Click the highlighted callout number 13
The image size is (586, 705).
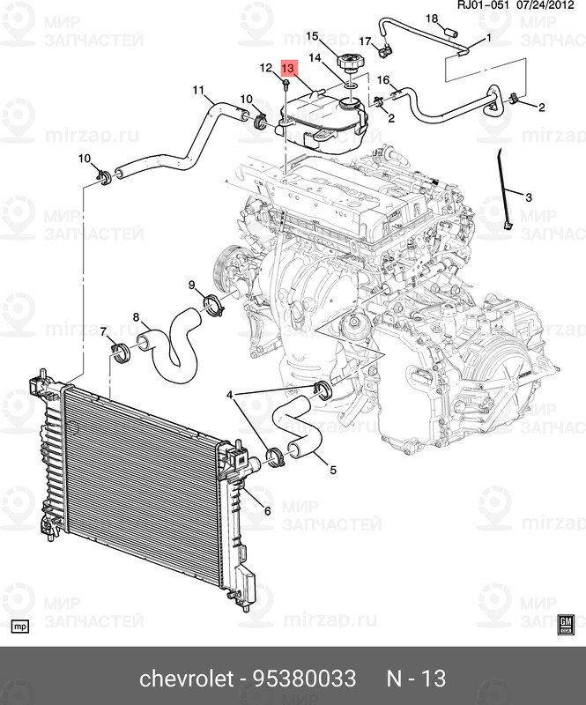click(289, 69)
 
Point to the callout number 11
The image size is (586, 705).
click(198, 91)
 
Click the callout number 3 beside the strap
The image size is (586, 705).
click(529, 197)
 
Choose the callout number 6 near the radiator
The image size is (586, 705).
click(268, 511)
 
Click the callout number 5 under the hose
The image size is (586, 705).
click(333, 471)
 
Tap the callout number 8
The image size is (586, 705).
click(136, 317)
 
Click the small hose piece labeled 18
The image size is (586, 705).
click(450, 33)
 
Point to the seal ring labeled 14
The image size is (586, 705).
click(352, 85)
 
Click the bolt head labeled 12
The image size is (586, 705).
click(286, 82)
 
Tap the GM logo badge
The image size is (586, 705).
click(566, 625)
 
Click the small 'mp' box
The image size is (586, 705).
click(19, 627)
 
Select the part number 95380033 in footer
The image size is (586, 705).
click(305, 678)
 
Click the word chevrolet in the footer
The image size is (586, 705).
click(187, 678)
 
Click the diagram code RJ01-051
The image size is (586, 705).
click(483, 5)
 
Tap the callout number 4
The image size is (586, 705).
click(230, 396)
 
